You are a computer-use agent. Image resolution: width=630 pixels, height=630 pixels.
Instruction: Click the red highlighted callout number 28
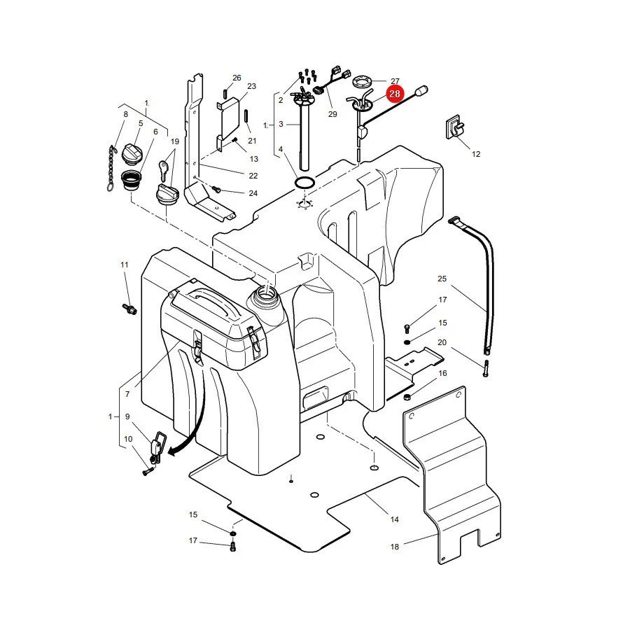pos(395,94)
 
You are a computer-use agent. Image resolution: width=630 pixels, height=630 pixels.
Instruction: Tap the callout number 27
pos(395,81)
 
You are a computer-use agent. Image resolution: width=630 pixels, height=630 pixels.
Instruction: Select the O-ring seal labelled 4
pos(305,183)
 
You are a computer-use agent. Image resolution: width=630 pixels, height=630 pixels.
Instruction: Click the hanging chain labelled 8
pos(111,168)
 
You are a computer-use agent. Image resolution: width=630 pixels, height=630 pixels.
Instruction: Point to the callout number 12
pos(476,154)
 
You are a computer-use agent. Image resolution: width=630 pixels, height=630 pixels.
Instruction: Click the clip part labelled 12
pos(454,128)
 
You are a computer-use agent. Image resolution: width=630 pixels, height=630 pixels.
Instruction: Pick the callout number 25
pos(442,279)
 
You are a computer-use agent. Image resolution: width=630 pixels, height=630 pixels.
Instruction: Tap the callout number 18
pos(395,547)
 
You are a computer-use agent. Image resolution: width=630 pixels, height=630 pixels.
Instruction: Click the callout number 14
pos(395,519)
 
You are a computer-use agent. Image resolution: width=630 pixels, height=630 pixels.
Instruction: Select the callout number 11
pos(124,265)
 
